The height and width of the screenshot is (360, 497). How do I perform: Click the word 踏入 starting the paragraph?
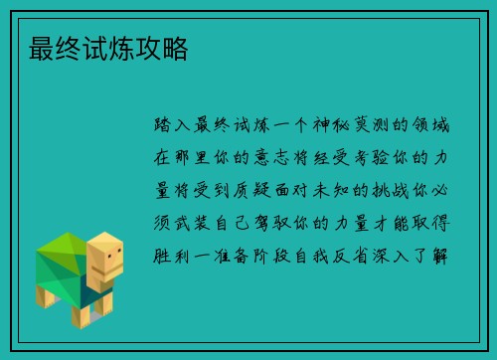click(x=175, y=127)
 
